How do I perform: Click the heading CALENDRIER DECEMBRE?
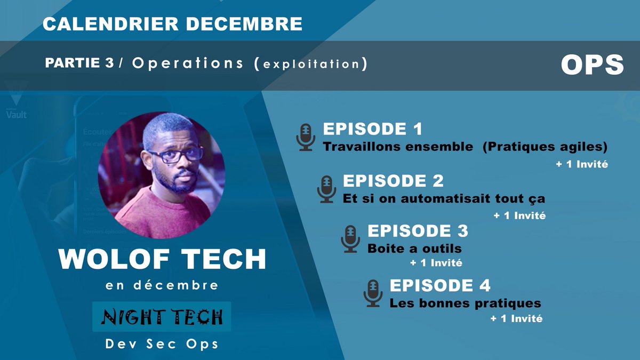click(172, 24)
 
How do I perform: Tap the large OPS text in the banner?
click(592, 65)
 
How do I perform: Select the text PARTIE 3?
click(79, 63)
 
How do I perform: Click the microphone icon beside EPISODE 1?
click(306, 138)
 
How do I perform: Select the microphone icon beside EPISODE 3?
click(350, 239)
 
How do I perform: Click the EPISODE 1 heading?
click(373, 129)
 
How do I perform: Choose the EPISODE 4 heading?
click(440, 285)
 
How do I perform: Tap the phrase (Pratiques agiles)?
click(545, 147)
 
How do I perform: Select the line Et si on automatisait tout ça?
click(444, 198)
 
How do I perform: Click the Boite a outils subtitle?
click(414, 249)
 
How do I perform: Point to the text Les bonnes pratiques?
click(465, 303)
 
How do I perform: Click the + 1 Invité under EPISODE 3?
click(436, 263)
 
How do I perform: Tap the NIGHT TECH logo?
click(162, 317)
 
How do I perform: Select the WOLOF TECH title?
click(162, 259)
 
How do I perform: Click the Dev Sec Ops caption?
click(162, 343)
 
